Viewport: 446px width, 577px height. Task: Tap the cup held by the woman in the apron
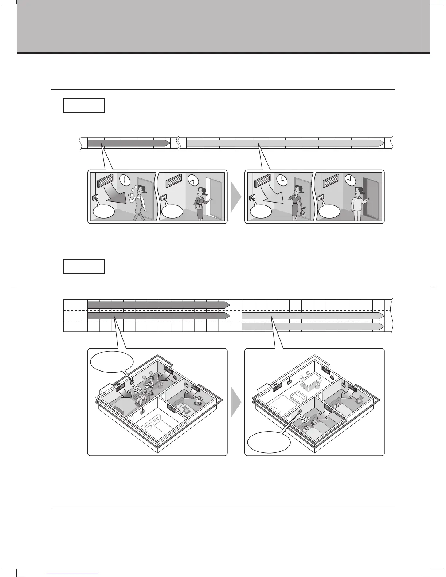132,193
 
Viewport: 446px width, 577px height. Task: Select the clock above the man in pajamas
350,180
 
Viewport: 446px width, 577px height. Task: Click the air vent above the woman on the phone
262,180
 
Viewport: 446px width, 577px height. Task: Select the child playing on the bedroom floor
199,401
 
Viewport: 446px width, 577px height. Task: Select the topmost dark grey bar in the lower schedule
159,305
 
